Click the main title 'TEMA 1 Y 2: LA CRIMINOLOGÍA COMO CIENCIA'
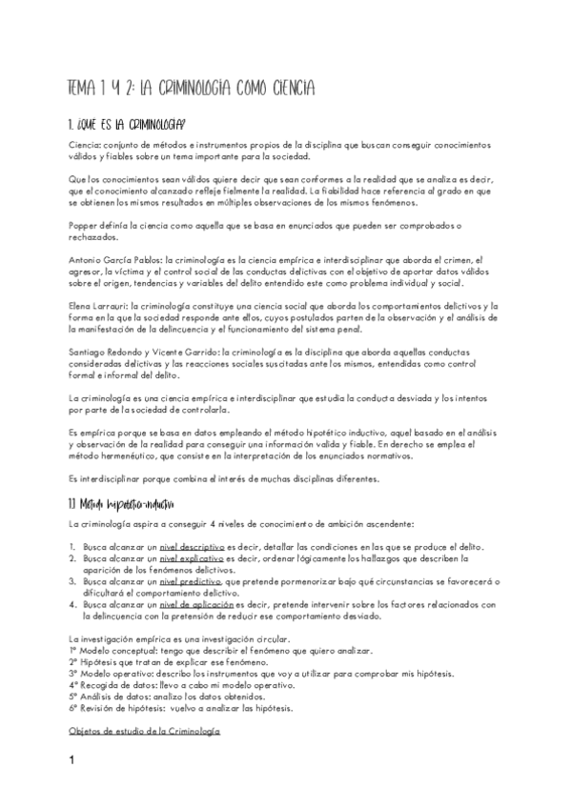[192, 89]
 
